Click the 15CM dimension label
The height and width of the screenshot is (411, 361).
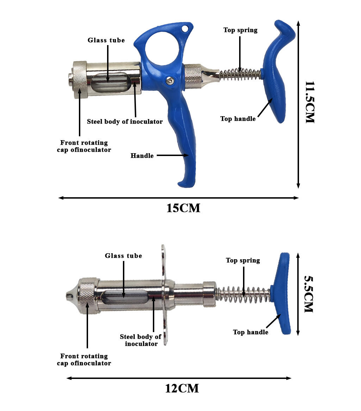tap(183, 208)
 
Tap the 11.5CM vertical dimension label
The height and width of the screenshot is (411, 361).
tap(310, 102)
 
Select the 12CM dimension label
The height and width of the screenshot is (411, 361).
tap(182, 388)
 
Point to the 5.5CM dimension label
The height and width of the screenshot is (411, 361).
tap(309, 294)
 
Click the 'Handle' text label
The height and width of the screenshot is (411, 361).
tap(142, 156)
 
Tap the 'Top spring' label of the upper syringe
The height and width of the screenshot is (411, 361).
tap(241, 30)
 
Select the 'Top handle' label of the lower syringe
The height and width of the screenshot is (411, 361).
tap(251, 332)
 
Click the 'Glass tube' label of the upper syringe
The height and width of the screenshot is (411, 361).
tap(106, 40)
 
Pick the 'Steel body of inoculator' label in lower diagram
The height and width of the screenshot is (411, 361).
tap(141, 340)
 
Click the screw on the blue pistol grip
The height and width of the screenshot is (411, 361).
tap(171, 80)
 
